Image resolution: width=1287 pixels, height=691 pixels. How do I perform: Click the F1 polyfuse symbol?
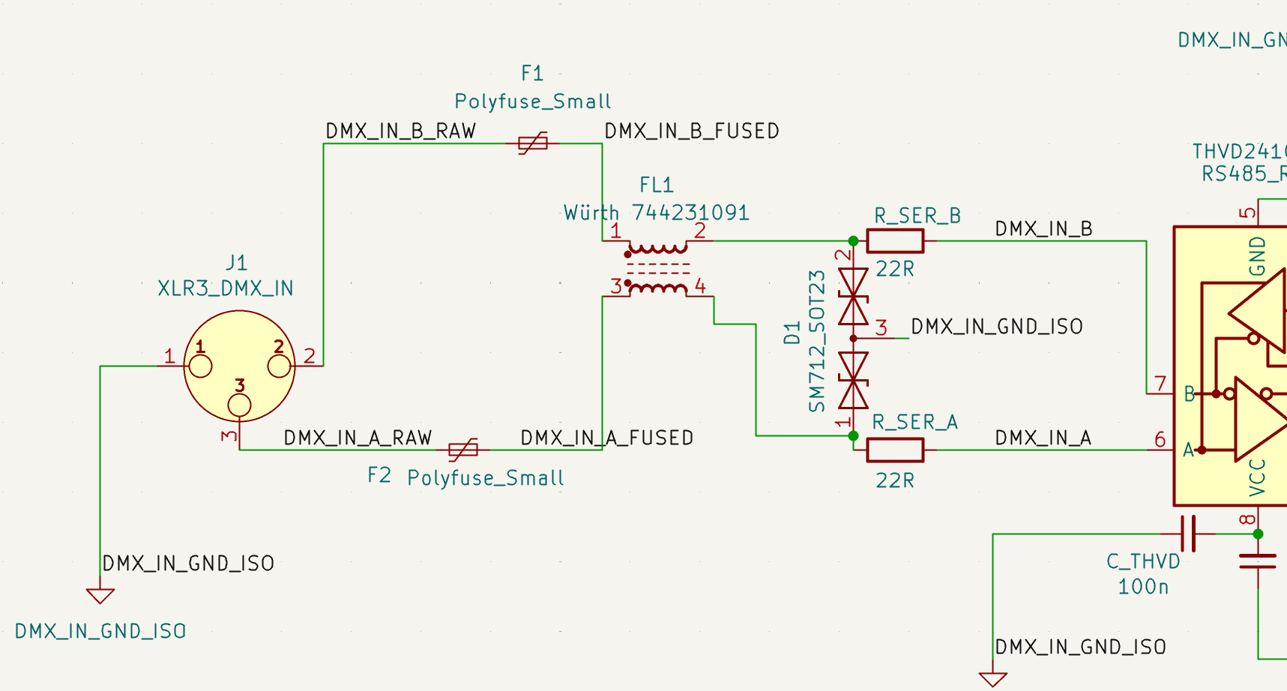(x=533, y=143)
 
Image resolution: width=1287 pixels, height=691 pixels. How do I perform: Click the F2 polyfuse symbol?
(x=462, y=450)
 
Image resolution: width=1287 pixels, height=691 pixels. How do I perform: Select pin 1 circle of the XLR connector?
(x=201, y=366)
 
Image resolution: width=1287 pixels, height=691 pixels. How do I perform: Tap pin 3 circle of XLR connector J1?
(x=239, y=405)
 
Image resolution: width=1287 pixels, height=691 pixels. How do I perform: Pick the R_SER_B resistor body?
(x=895, y=241)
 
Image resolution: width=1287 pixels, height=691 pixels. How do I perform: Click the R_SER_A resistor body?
(x=895, y=450)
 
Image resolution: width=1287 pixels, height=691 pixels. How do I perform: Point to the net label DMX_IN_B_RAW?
(x=400, y=131)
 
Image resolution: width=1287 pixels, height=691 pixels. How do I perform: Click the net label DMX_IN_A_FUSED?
(x=606, y=438)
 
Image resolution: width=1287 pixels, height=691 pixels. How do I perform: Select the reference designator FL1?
(x=656, y=185)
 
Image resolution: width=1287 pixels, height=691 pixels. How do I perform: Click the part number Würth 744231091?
(x=657, y=214)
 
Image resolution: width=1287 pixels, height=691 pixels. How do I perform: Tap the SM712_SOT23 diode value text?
(x=817, y=341)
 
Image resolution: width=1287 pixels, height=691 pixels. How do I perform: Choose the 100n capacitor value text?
(x=1143, y=587)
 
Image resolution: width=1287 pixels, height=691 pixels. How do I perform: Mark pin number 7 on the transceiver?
(x=1161, y=384)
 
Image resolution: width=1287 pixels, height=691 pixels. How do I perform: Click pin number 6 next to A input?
(x=1160, y=440)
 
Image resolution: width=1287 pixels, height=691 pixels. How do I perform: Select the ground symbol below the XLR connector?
(x=100, y=596)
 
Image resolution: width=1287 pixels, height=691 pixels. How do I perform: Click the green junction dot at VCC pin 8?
(x=1258, y=534)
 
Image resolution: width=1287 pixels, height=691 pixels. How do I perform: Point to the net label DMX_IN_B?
(x=1043, y=229)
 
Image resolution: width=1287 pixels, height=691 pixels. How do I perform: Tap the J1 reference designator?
(x=236, y=263)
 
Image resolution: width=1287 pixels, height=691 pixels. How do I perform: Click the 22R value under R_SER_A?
(x=895, y=480)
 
